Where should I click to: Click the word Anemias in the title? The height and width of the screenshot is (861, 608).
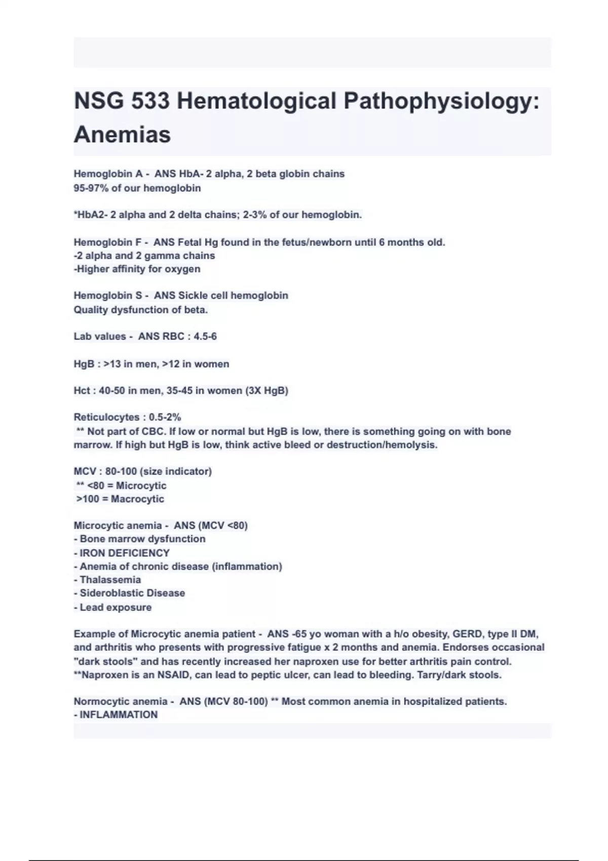(x=122, y=135)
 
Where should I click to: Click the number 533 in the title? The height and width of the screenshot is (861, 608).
(x=150, y=101)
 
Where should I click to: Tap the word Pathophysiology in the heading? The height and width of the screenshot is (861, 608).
(x=441, y=101)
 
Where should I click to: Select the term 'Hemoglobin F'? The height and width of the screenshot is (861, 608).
(x=107, y=242)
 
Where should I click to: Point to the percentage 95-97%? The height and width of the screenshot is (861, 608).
(x=91, y=188)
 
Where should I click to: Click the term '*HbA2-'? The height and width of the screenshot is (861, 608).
(x=91, y=215)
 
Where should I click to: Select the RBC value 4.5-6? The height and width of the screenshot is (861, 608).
(x=205, y=336)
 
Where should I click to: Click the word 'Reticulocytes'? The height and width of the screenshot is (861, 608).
(x=106, y=417)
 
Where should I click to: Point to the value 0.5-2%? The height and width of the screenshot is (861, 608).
(x=165, y=417)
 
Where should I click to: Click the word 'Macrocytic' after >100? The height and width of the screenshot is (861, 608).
(x=137, y=499)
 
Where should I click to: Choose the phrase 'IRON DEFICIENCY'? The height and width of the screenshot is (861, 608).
(x=125, y=553)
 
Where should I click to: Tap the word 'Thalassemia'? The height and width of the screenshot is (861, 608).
(x=110, y=580)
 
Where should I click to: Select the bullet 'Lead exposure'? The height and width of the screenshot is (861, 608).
(x=116, y=607)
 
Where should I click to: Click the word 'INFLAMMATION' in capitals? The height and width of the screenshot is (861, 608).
(x=119, y=715)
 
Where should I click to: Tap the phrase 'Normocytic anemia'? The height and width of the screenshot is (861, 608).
(x=121, y=701)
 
